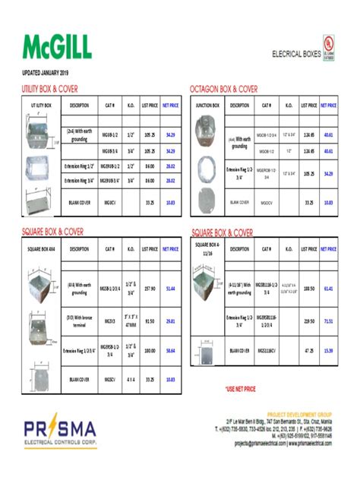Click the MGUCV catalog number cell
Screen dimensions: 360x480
point(109,202)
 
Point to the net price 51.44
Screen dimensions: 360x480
point(171,289)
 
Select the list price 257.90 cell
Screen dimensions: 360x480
point(150,289)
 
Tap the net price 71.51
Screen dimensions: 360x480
point(328,321)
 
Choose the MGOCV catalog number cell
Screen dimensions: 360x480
point(267,202)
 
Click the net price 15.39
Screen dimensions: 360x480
point(328,352)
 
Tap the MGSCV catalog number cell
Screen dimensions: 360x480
point(109,377)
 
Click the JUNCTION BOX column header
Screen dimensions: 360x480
point(207,105)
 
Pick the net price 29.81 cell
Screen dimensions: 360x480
point(171,321)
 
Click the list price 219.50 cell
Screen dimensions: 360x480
point(308,321)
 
